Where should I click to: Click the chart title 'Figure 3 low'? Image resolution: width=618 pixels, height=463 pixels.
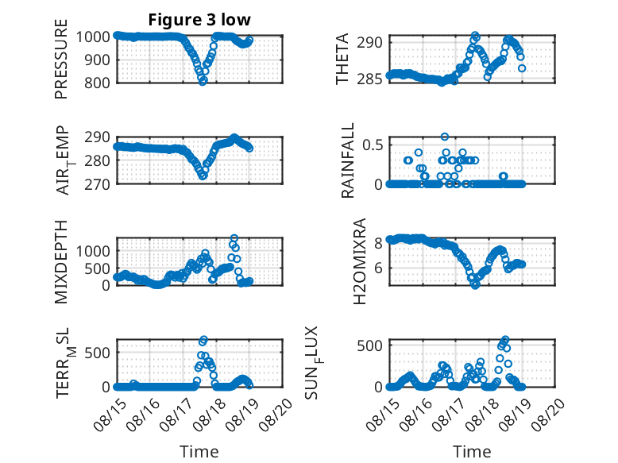[x=199, y=20]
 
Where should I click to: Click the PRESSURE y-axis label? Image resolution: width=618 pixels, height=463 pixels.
[x=61, y=59]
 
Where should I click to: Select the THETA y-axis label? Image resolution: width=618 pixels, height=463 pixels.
[x=342, y=59]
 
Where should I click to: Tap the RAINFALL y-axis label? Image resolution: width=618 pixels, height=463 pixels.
[x=348, y=160]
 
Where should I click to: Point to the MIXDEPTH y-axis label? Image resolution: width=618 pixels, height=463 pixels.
[x=61, y=261]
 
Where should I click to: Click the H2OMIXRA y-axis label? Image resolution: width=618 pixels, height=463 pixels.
[x=360, y=261]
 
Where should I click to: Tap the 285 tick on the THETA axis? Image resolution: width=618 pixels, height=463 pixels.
[x=369, y=79]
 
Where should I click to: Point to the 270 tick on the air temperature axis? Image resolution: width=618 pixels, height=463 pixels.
[x=97, y=184]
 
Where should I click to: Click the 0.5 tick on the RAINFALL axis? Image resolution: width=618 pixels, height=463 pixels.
[x=373, y=145]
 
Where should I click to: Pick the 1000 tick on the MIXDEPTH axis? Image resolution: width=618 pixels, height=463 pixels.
[x=93, y=251]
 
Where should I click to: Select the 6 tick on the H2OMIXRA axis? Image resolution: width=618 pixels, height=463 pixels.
[x=378, y=268]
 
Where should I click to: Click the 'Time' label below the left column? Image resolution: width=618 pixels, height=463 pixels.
[x=199, y=451]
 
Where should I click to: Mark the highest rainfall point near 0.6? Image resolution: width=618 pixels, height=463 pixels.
[x=445, y=137]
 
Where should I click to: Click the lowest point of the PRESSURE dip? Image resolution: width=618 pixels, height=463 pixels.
[x=203, y=81]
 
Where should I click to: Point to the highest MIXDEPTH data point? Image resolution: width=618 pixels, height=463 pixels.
[x=234, y=238]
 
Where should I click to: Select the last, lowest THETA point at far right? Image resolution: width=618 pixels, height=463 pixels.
[x=522, y=68]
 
